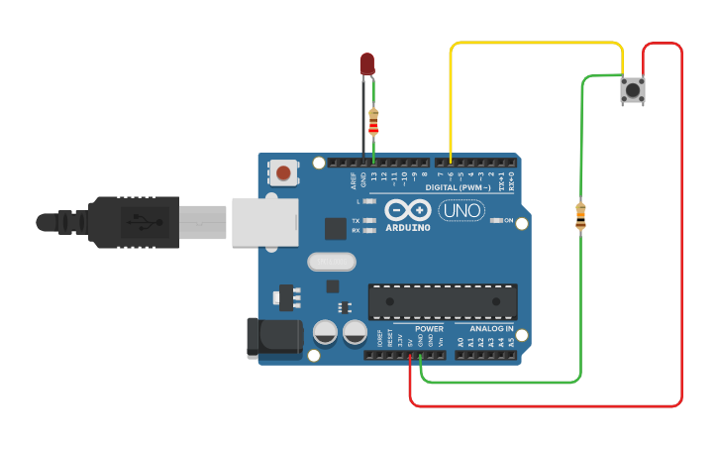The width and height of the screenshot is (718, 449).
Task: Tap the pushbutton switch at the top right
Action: [632, 91]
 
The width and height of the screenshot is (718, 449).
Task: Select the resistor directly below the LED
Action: [373, 122]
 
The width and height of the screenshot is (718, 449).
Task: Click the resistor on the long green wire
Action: [580, 215]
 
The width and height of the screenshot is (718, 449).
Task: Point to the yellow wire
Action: [535, 44]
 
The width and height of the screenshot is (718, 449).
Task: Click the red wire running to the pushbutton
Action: [681, 248]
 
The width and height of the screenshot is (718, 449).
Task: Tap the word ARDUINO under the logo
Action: [407, 228]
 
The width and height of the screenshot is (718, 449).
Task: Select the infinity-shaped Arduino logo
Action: [407, 210]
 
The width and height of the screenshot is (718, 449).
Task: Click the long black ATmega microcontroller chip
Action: [443, 301]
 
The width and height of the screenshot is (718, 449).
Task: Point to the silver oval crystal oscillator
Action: [331, 262]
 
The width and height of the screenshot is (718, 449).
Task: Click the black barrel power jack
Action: [272, 336]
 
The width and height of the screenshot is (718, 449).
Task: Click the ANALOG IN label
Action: [491, 328]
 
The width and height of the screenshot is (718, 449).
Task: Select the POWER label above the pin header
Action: [429, 328]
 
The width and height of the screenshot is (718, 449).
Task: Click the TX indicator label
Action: [356, 220]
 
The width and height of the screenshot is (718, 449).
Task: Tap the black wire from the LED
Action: [362, 119]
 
